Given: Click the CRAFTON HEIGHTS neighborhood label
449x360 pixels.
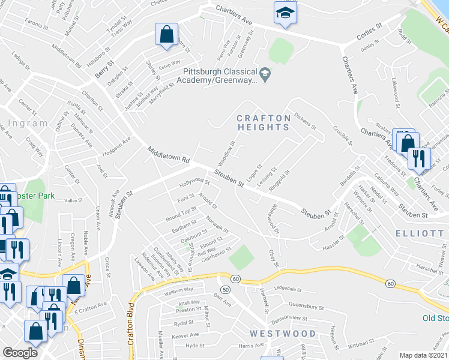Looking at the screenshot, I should pyautogui.click(x=263, y=122).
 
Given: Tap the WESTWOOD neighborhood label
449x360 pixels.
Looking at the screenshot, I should pyautogui.click(x=283, y=334).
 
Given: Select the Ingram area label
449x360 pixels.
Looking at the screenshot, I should pyautogui.click(x=29, y=124).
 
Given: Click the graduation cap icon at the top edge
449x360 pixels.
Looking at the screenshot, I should pyautogui.click(x=285, y=12).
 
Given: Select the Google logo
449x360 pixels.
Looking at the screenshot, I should pyautogui.click(x=20, y=353).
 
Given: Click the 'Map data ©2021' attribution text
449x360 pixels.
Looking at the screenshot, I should pyautogui.click(x=424, y=355).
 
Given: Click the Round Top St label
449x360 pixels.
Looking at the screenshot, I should pyautogui.click(x=181, y=211).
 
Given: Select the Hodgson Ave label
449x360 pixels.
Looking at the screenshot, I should pyautogui.click(x=116, y=147).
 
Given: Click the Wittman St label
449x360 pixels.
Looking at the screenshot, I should pyautogui.click(x=361, y=344).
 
